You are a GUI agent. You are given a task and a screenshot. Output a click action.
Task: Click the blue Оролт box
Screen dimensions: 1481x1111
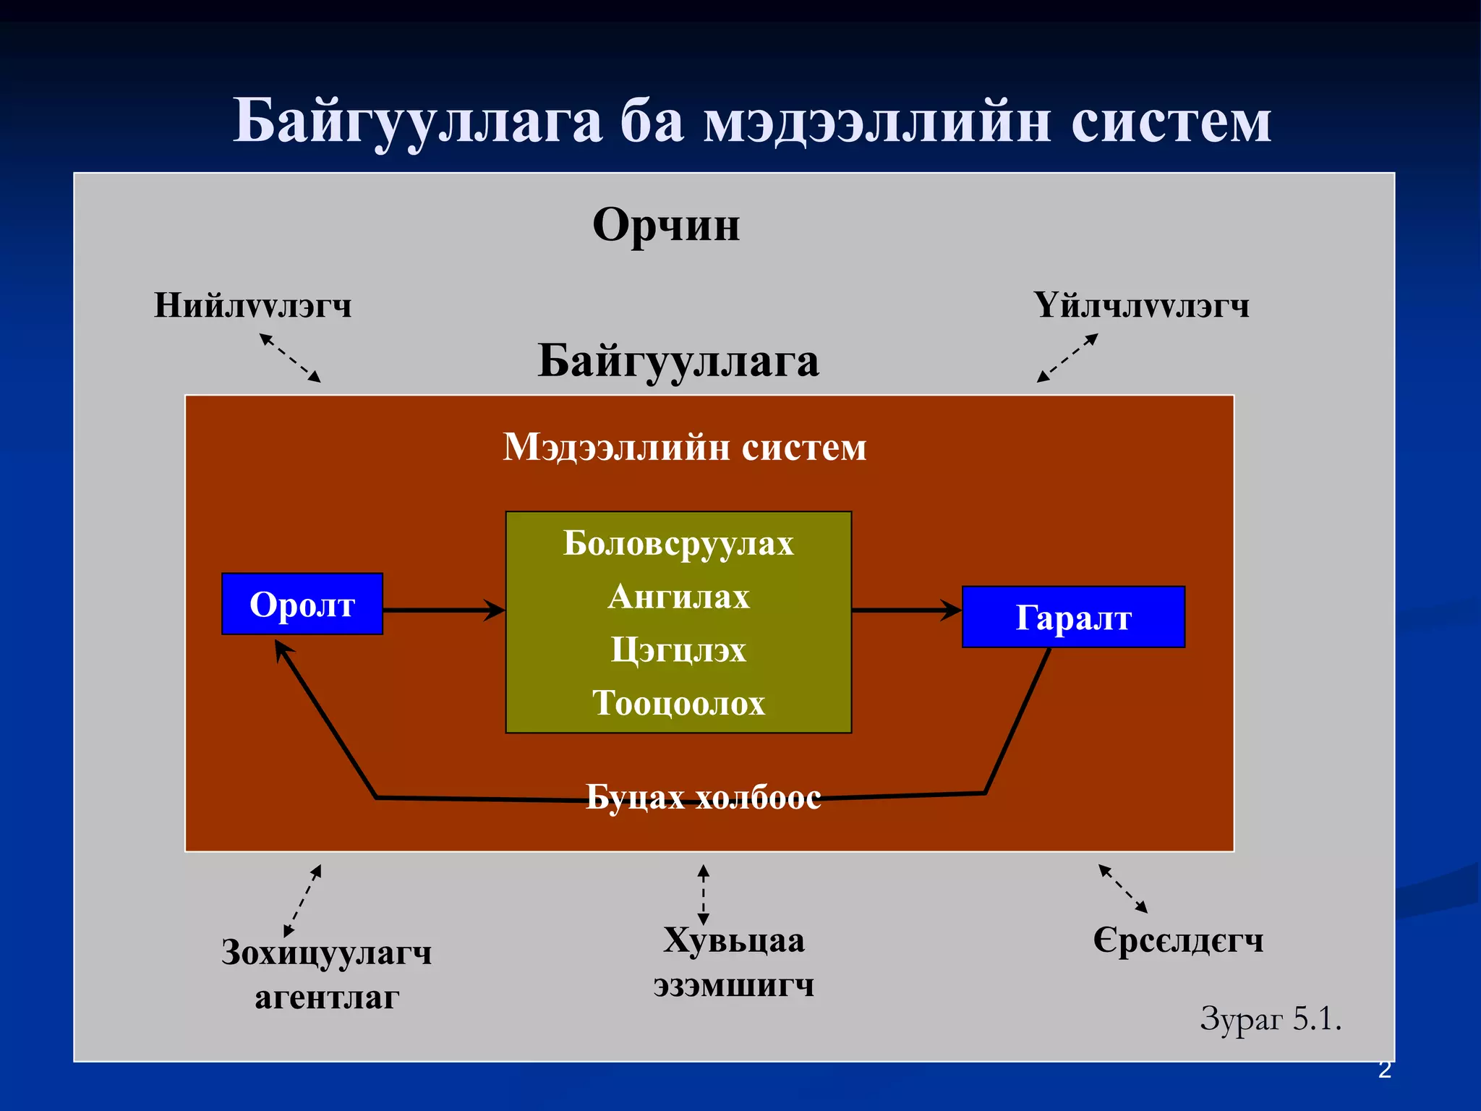tap(302, 604)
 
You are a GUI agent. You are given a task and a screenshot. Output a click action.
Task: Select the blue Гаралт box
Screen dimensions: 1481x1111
tap(1073, 617)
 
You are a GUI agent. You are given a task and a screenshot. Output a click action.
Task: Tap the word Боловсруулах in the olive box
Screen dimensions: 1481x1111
tap(678, 543)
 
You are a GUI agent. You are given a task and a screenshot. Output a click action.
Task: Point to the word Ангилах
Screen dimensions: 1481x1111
tap(678, 597)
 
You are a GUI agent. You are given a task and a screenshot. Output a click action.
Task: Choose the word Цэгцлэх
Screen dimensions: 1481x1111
tap(678, 650)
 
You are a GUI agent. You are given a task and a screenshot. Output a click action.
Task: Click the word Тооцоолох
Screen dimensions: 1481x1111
tap(678, 702)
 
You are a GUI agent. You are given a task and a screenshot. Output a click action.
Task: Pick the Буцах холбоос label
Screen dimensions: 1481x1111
tap(703, 797)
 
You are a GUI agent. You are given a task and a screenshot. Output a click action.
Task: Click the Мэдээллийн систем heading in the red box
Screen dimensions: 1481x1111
tap(684, 447)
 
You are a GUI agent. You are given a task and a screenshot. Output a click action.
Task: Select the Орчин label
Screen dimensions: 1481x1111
tap(666, 224)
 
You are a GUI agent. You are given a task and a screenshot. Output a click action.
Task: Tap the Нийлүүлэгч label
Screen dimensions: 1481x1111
tap(252, 305)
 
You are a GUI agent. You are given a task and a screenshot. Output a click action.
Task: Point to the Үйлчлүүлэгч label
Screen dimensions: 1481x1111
tap(1141, 305)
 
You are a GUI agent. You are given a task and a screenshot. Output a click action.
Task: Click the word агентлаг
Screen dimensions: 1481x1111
tap(327, 997)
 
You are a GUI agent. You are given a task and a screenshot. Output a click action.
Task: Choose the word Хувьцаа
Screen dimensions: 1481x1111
tap(734, 940)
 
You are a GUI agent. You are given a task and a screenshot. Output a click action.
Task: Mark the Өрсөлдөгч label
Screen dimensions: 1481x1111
tap(1178, 940)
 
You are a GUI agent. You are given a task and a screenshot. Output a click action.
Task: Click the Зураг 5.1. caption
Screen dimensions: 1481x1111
tap(1271, 1018)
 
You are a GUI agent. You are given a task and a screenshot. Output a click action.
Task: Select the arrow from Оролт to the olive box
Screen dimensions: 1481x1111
tap(443, 610)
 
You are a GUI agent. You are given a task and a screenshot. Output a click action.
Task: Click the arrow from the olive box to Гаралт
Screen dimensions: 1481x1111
tap(906, 610)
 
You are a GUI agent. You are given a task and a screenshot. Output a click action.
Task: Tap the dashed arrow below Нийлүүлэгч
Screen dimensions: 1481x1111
tap(290, 357)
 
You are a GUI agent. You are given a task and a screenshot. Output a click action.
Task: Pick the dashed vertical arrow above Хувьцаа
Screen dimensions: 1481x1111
tap(704, 895)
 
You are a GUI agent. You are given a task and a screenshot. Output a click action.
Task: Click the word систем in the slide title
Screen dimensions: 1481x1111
tap(1171, 121)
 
